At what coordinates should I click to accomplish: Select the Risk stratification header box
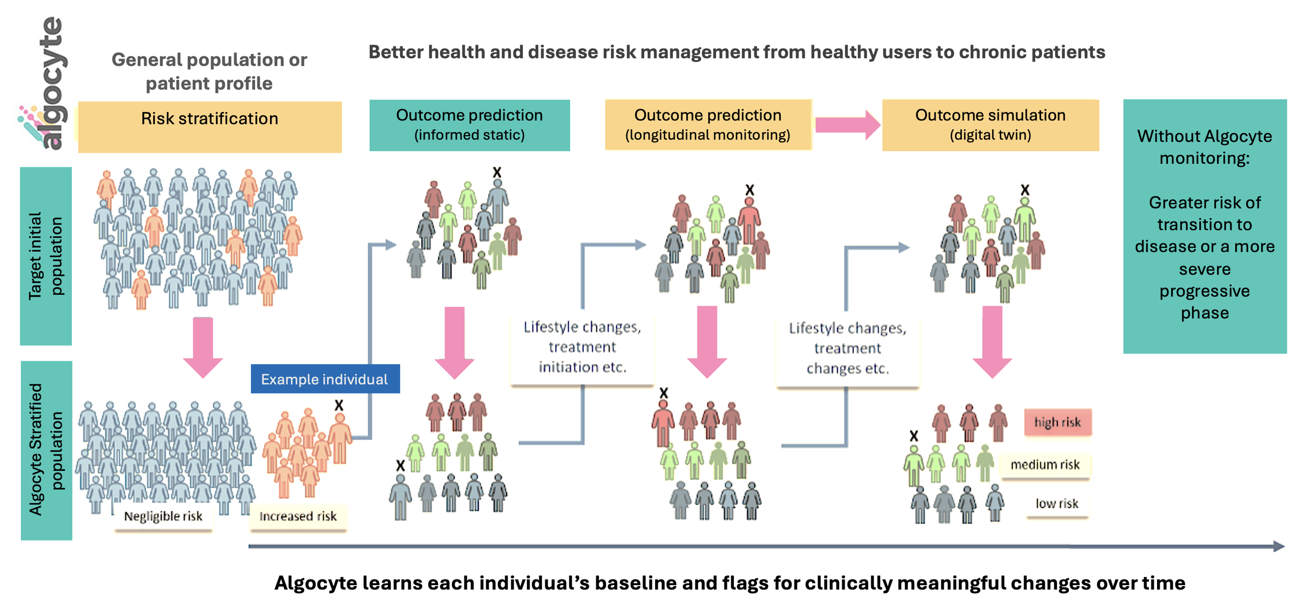pyautogui.click(x=210, y=127)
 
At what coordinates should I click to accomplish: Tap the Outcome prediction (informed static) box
pyautogui.click(x=469, y=125)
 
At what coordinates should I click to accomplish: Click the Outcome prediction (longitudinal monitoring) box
pyautogui.click(x=707, y=125)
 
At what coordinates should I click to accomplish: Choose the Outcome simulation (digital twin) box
pyautogui.click(x=990, y=125)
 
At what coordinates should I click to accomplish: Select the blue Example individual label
pyautogui.click(x=325, y=379)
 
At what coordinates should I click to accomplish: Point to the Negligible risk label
pyautogui.click(x=163, y=516)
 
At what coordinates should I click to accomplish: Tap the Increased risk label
pyautogui.click(x=298, y=516)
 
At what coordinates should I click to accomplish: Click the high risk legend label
pyautogui.click(x=1057, y=422)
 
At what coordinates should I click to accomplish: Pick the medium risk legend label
pyautogui.click(x=1044, y=464)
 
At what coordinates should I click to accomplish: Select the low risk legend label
pyautogui.click(x=1056, y=503)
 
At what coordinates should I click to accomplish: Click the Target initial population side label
pyautogui.click(x=46, y=256)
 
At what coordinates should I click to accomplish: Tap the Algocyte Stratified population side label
pyautogui.click(x=46, y=450)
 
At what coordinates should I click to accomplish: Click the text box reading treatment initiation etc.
pyautogui.click(x=582, y=347)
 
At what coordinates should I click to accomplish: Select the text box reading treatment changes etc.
pyautogui.click(x=847, y=348)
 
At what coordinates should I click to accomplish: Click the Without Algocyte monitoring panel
pyautogui.click(x=1204, y=226)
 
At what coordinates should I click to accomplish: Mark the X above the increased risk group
pyautogui.click(x=339, y=405)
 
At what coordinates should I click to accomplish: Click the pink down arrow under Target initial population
pyautogui.click(x=203, y=347)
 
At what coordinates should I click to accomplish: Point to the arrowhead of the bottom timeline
pyautogui.click(x=1279, y=546)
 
